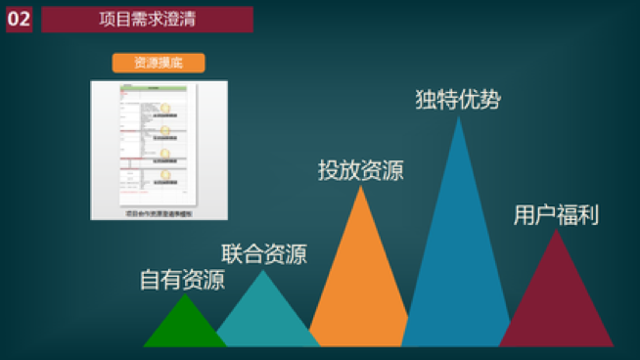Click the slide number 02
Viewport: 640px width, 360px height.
[19, 20]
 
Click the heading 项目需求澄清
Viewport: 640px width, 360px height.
[147, 20]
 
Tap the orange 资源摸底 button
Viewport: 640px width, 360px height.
[157, 63]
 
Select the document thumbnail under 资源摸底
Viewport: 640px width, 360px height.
[159, 142]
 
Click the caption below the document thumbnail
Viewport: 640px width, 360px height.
[159, 210]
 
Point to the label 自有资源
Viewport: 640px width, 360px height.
[182, 281]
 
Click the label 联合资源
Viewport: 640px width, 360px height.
[264, 254]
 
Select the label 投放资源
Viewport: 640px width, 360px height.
[360, 169]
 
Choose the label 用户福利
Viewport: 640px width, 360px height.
[556, 215]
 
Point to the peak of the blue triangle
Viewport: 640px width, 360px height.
[458, 117]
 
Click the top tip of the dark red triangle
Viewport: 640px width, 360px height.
[556, 231]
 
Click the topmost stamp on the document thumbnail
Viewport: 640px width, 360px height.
[166, 108]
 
